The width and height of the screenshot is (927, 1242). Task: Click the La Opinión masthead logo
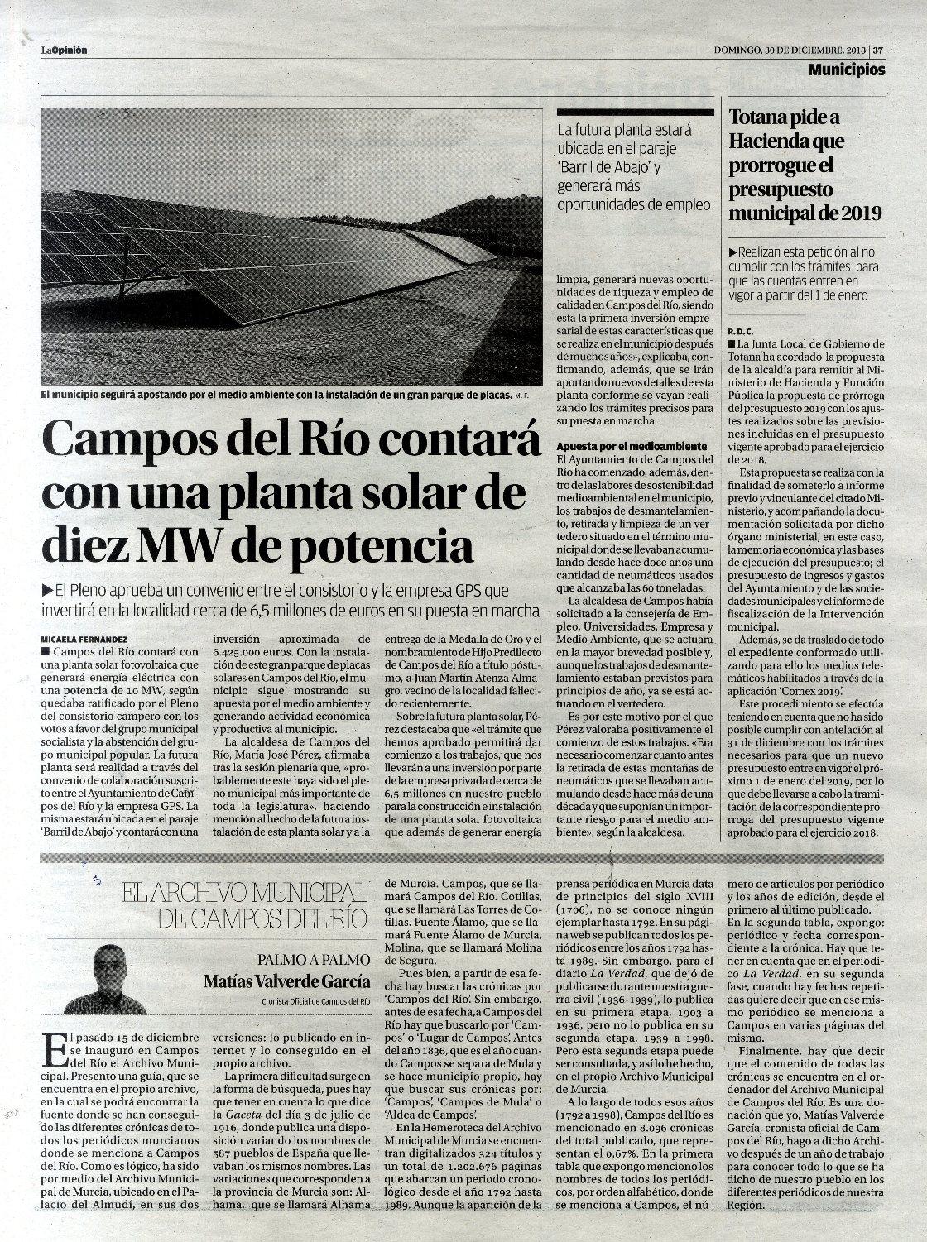[65, 50]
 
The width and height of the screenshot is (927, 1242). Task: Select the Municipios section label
[847, 70]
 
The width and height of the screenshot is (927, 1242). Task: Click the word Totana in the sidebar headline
[762, 117]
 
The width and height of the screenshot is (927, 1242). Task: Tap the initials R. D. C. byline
[740, 329]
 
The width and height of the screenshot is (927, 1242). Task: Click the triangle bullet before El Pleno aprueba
[46, 590]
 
